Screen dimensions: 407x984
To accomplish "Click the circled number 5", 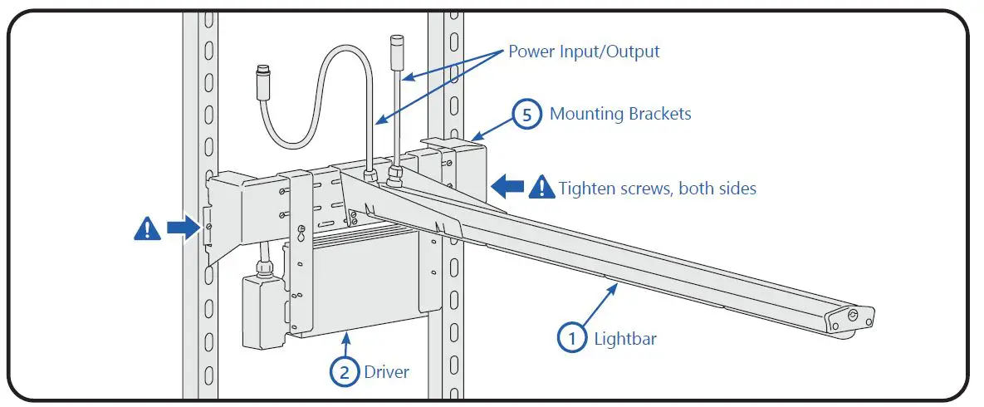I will tap(527, 114).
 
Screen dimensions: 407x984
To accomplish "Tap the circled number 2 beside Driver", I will tap(345, 371).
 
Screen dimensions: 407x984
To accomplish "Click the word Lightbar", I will tap(624, 338).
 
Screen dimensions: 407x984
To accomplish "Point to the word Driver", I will tap(387, 371).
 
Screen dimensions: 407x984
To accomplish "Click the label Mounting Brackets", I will tap(619, 114).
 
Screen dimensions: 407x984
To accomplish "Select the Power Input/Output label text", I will tap(584, 51).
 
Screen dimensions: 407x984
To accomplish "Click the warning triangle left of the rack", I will tap(147, 228).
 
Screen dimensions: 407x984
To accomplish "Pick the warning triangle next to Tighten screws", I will tap(542, 188).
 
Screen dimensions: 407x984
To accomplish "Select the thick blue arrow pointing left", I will tap(508, 187).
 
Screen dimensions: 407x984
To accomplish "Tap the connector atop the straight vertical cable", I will tap(396, 43).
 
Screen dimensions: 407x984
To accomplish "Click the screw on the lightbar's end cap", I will tap(852, 315).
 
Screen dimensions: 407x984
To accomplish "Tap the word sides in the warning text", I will tap(735, 189).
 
